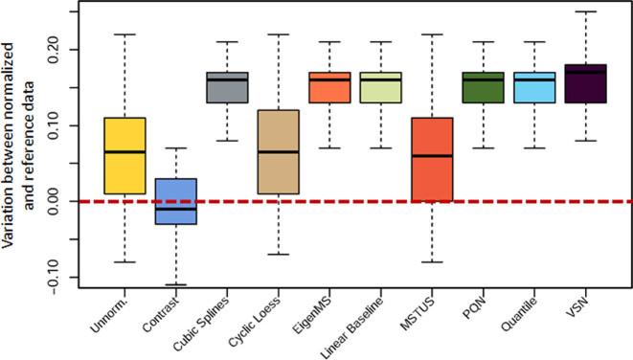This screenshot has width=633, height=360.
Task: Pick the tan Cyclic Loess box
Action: click(280, 151)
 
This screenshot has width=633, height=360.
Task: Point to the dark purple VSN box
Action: click(585, 83)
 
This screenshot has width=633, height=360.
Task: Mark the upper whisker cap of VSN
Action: click(585, 11)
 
